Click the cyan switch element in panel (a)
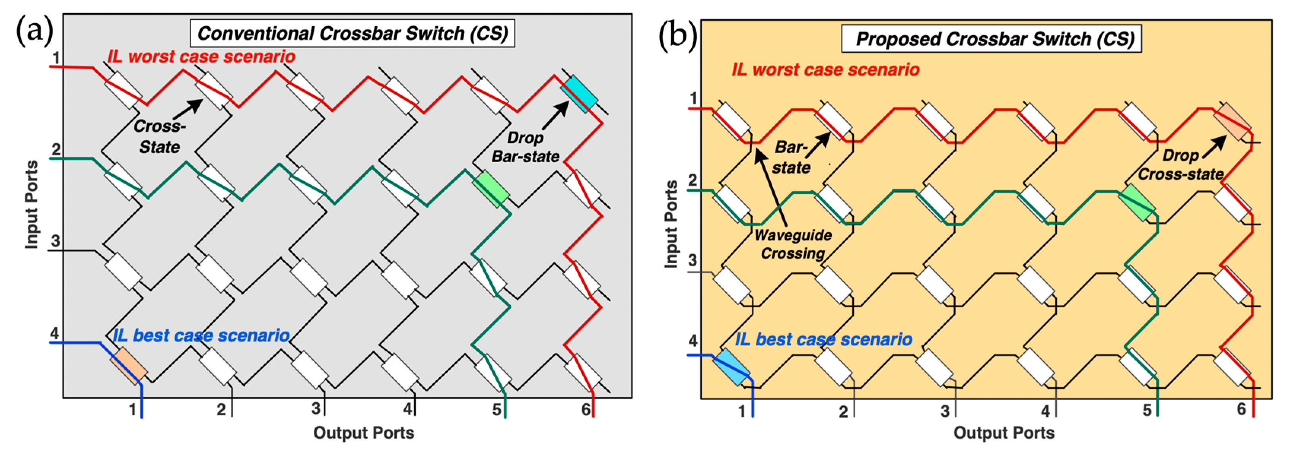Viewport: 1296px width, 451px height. click(x=579, y=94)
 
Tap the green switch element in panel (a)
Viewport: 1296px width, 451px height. click(x=491, y=188)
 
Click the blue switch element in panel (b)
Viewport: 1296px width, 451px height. click(x=731, y=367)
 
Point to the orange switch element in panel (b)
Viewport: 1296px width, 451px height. click(x=1232, y=122)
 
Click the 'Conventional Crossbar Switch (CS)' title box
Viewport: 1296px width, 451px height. click(x=352, y=33)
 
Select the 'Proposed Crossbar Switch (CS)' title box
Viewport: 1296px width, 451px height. click(x=991, y=39)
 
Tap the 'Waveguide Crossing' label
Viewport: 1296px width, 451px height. click(x=793, y=244)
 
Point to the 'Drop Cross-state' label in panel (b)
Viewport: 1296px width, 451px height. click(x=1180, y=165)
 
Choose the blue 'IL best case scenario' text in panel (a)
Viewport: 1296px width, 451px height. click(x=201, y=335)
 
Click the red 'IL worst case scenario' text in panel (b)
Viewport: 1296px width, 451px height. click(x=825, y=70)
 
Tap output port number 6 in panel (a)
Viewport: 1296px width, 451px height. click(x=586, y=410)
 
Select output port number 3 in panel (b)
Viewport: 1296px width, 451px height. click(x=945, y=411)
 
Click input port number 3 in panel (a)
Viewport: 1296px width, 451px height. click(x=56, y=241)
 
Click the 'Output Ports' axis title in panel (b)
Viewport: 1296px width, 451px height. click(x=1004, y=433)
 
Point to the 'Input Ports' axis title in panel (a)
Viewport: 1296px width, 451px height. click(x=31, y=204)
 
